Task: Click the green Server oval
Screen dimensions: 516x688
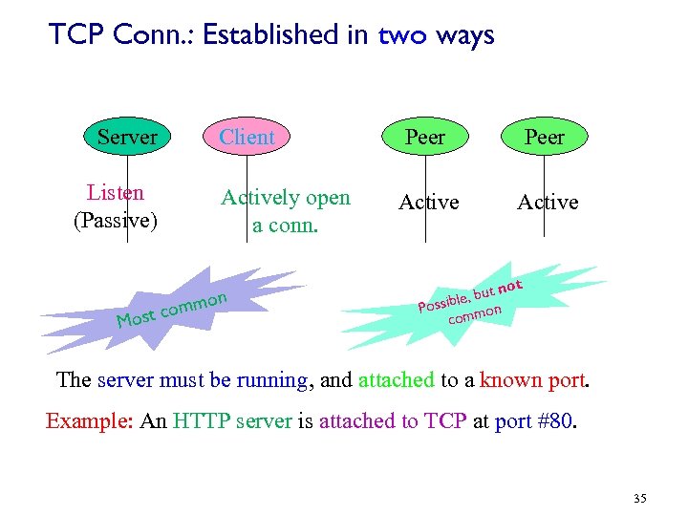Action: pyautogui.click(x=127, y=138)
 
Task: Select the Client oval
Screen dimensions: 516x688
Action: pyautogui.click(x=247, y=138)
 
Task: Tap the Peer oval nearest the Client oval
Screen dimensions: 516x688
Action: pyautogui.click(x=425, y=138)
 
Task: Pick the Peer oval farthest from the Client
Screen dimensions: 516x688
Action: pyautogui.click(x=545, y=138)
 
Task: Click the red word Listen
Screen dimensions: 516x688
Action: pyautogui.click(x=115, y=193)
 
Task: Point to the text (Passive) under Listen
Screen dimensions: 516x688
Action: pyautogui.click(x=116, y=221)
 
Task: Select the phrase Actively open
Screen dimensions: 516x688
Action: pyautogui.click(x=286, y=198)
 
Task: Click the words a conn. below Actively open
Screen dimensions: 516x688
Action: pyautogui.click(x=285, y=226)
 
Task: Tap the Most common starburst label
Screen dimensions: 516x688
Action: pyautogui.click(x=171, y=309)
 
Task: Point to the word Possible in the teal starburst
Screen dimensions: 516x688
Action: pyautogui.click(x=441, y=301)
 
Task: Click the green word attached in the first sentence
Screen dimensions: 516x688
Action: pyautogui.click(x=397, y=379)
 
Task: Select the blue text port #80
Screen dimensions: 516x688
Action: pyautogui.click(x=536, y=421)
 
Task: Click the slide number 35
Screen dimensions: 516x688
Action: pyautogui.click(x=639, y=498)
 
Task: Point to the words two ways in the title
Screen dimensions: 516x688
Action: pyautogui.click(x=437, y=35)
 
